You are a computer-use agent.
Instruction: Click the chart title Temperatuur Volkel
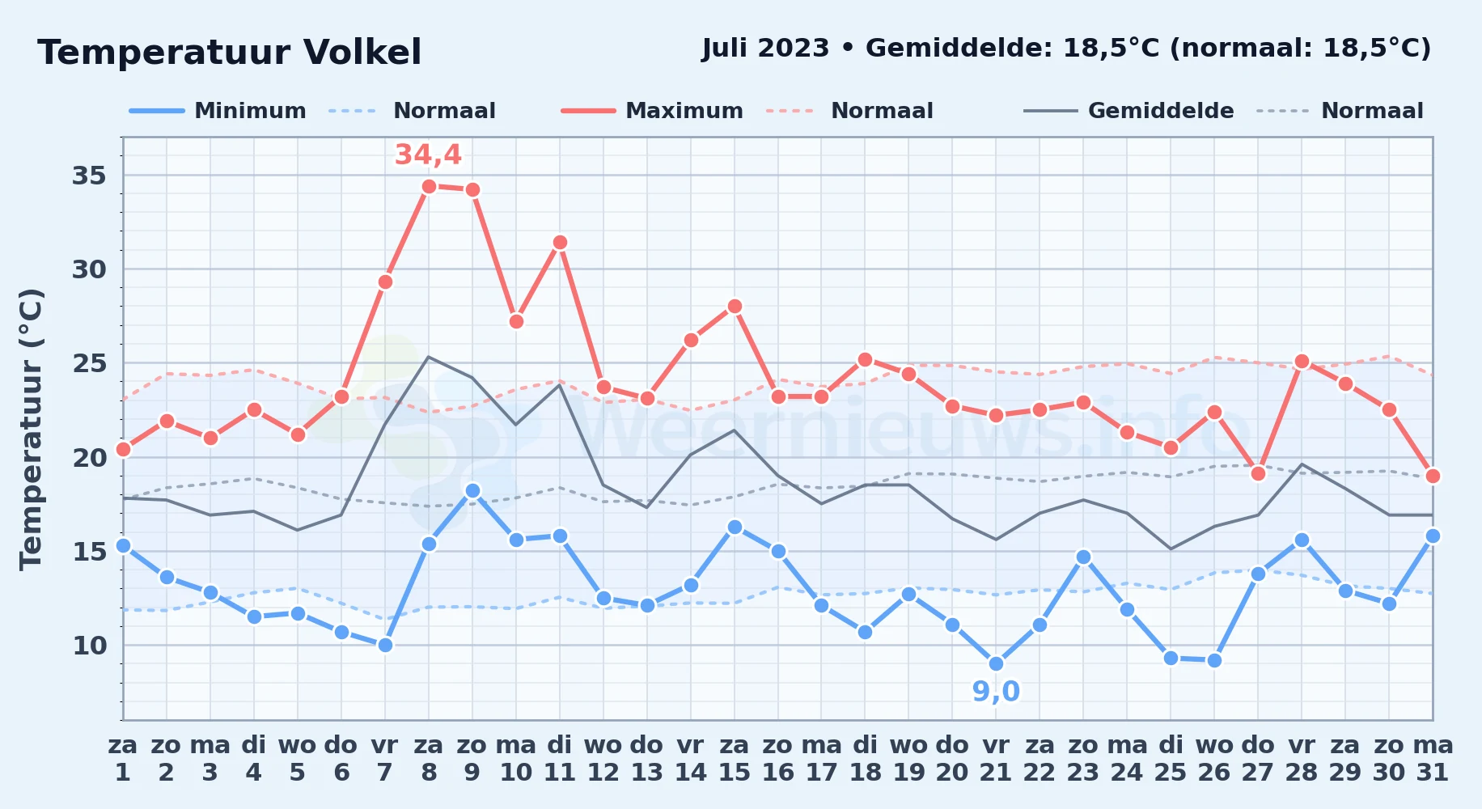point(230,53)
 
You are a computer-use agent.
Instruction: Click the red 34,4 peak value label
point(428,155)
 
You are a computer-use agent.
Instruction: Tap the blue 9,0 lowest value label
point(996,692)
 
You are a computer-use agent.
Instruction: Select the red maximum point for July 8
point(429,186)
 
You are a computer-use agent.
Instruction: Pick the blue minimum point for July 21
point(996,663)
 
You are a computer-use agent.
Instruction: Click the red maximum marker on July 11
point(560,242)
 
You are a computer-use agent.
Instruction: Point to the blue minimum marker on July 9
point(472,490)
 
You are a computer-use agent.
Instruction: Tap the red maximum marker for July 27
point(1258,473)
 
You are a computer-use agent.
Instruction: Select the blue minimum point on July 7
point(385,645)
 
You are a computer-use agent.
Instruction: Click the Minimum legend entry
point(218,111)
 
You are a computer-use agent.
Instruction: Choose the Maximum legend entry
point(652,111)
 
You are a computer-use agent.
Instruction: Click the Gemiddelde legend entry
point(1128,111)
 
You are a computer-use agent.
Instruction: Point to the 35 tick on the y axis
point(89,176)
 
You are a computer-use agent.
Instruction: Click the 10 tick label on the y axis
point(89,646)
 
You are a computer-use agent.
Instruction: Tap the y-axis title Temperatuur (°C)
point(31,429)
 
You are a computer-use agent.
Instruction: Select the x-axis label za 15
point(735,759)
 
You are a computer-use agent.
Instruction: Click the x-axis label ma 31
point(1433,759)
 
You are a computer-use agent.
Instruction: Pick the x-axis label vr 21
point(996,759)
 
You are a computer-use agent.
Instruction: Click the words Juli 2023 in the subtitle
point(765,49)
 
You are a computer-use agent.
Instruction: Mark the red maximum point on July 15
point(735,306)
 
